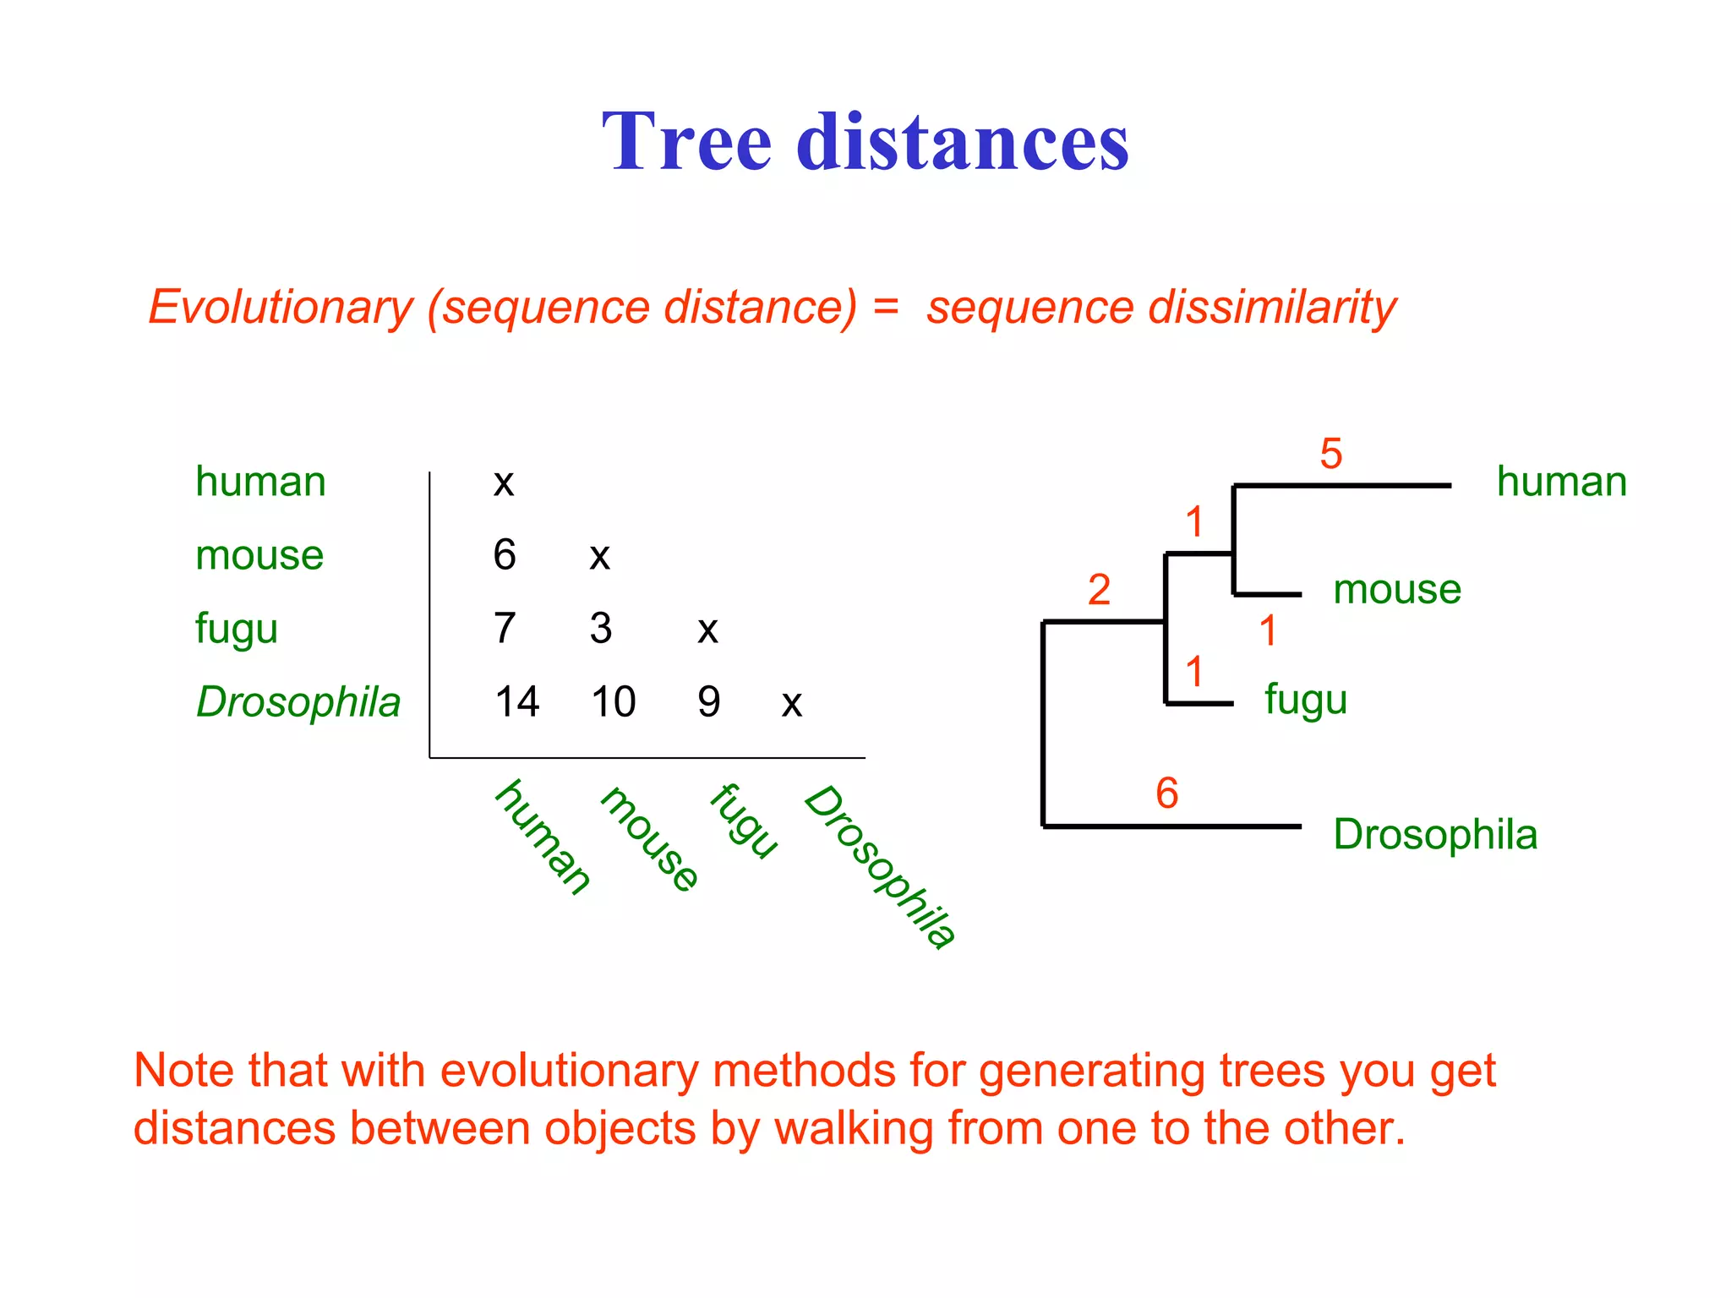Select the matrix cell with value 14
click(516, 701)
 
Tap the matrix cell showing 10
click(613, 701)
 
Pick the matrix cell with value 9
click(708, 701)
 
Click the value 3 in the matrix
click(600, 628)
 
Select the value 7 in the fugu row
click(504, 628)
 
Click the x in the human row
click(504, 483)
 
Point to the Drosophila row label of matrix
click(298, 702)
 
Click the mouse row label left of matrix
click(259, 555)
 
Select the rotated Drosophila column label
click(880, 866)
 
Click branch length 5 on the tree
click(1330, 454)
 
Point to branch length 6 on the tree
click(1166, 793)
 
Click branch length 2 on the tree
click(1098, 589)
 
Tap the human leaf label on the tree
click(1561, 482)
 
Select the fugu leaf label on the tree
click(1305, 700)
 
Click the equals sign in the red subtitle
click(886, 305)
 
